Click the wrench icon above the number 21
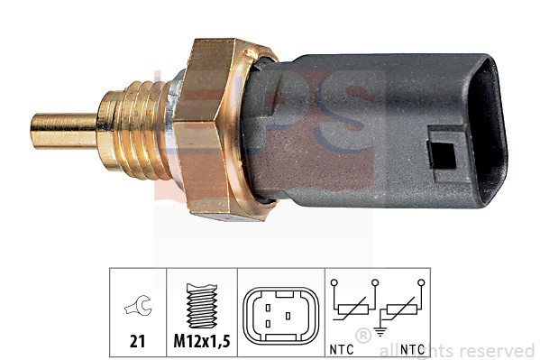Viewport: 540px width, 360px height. tap(138, 309)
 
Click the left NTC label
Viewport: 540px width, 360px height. tap(342, 347)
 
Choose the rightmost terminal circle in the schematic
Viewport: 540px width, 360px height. tap(420, 282)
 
